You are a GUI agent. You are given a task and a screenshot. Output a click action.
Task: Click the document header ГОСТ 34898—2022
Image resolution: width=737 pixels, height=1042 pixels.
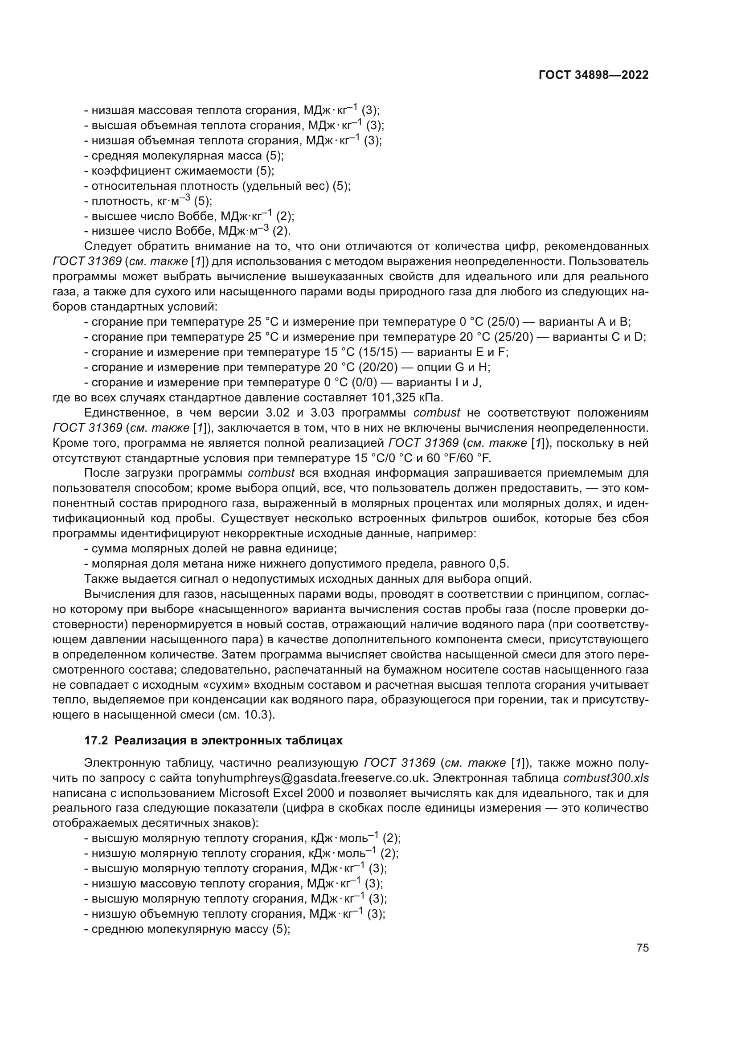[593, 75]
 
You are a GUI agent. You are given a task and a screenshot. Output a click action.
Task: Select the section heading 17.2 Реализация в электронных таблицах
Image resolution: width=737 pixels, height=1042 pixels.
[213, 740]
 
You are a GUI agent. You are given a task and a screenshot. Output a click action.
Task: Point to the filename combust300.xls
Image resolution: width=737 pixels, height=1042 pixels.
[606, 777]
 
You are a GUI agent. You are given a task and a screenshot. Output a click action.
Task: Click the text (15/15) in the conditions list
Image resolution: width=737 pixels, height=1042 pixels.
[382, 352]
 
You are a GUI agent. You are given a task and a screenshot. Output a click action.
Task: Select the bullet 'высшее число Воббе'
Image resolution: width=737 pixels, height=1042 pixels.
[191, 216]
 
